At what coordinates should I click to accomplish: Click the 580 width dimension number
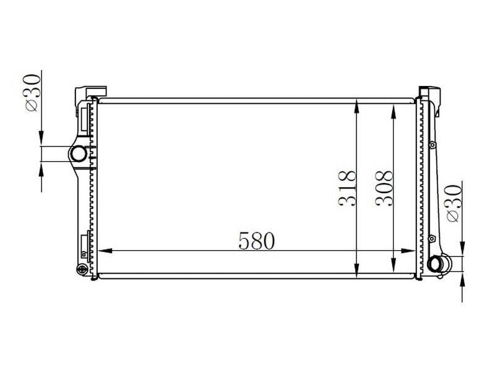(x=256, y=240)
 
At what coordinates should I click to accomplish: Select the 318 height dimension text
(x=348, y=188)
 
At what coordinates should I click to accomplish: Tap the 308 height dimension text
(x=384, y=188)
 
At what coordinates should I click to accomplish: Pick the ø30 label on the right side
(x=453, y=202)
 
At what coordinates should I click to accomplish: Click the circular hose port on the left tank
(x=78, y=153)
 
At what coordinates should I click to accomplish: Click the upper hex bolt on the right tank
(x=432, y=145)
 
